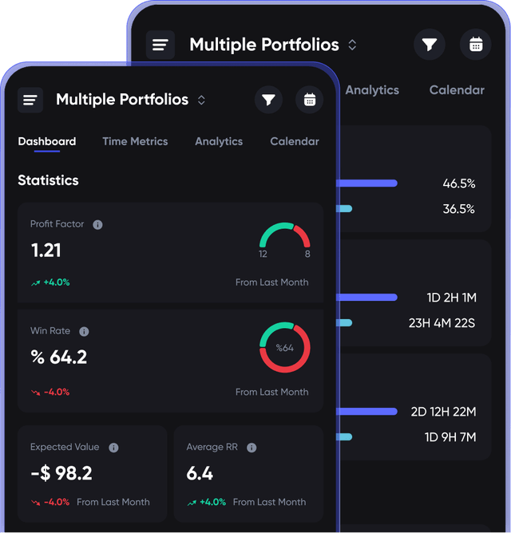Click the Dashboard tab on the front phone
[x=47, y=142]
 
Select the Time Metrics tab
[x=135, y=142]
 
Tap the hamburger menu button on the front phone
[x=30, y=100]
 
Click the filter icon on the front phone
[x=268, y=100]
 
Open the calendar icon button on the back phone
[x=476, y=45]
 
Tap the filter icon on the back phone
[x=430, y=45]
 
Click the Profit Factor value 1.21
[x=46, y=251]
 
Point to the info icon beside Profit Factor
[x=97, y=225]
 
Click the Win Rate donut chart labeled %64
[x=285, y=347]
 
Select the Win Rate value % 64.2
[x=58, y=357]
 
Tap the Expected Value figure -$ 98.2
[x=61, y=473]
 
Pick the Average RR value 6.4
[x=200, y=473]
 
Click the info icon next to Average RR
[x=252, y=448]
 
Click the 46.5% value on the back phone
[x=459, y=184]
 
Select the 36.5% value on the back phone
[x=459, y=209]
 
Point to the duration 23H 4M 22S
[x=442, y=323]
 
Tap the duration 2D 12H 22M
[x=443, y=412]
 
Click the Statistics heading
[x=48, y=180]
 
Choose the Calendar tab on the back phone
[x=457, y=90]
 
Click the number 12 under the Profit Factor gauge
[x=263, y=255]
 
